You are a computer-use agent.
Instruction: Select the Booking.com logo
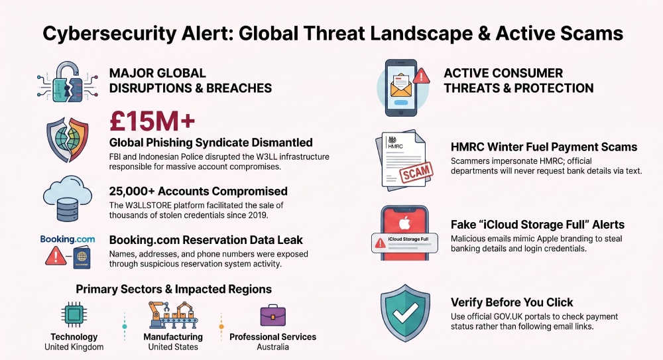coord(67,239)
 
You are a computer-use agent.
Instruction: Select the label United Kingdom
coord(74,347)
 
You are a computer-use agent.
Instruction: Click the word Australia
coord(272,347)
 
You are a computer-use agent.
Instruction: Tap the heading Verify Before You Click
coord(512,302)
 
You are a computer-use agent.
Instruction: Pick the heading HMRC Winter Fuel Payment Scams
coord(544,147)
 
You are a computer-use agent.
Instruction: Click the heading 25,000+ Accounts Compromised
coord(198,191)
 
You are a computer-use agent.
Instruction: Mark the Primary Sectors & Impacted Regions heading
coord(173,289)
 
